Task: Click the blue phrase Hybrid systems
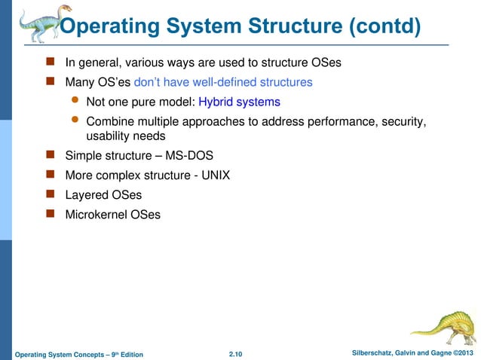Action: (239, 102)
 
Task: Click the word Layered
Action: (87, 195)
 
